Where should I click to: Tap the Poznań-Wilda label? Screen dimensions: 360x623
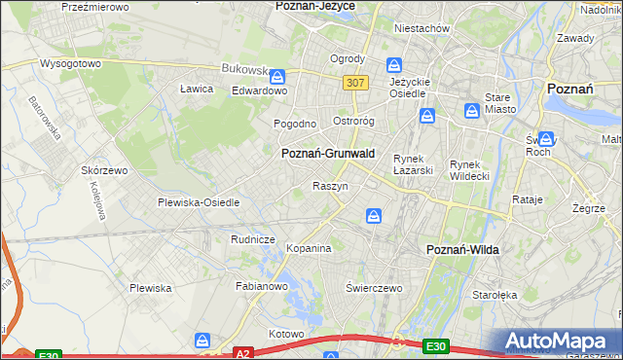click(463, 250)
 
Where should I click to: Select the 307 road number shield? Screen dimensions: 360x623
click(355, 83)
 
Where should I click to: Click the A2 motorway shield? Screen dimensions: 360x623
click(243, 353)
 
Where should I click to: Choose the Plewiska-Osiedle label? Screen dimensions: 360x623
click(199, 202)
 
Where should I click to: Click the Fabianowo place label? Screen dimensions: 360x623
click(262, 286)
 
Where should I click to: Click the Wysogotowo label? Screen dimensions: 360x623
click(70, 63)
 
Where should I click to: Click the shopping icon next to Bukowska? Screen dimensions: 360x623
click(277, 75)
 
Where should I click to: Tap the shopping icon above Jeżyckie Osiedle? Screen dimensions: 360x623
click(394, 65)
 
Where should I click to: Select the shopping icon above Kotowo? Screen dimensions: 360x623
click(202, 340)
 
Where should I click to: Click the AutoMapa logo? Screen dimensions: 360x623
click(559, 342)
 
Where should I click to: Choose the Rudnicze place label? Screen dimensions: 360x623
click(252, 239)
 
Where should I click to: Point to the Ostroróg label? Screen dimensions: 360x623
click(354, 122)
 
